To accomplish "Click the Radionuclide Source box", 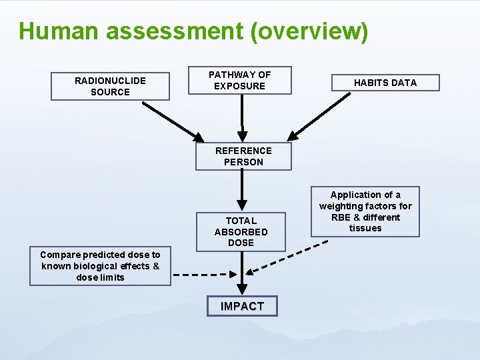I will point(110,86).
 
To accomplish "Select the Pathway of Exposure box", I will point(239,80).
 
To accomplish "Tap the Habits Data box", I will point(385,83).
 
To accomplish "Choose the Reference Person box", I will point(243,156).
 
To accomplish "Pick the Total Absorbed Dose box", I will point(241,231).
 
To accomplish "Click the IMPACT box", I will point(242,306).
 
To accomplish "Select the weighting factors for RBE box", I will point(365,211).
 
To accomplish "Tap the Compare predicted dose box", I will point(100,266).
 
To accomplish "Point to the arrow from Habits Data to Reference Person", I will point(322,115).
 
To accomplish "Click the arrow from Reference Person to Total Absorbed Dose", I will point(243,191).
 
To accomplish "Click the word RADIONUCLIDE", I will point(110,81).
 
